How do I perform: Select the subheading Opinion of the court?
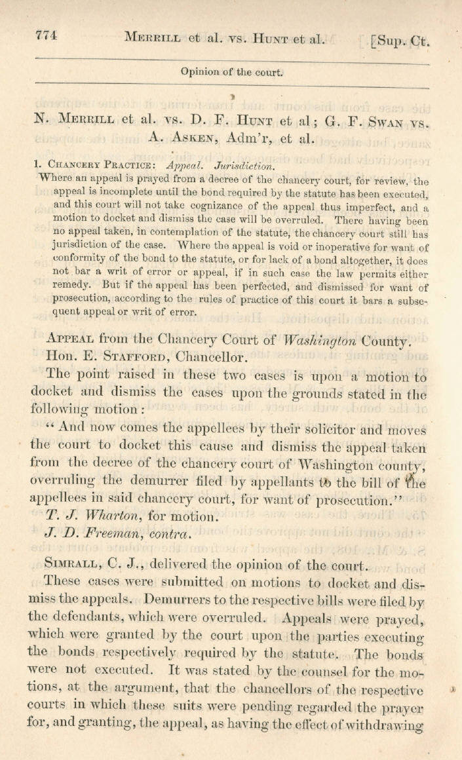coord(233,73)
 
